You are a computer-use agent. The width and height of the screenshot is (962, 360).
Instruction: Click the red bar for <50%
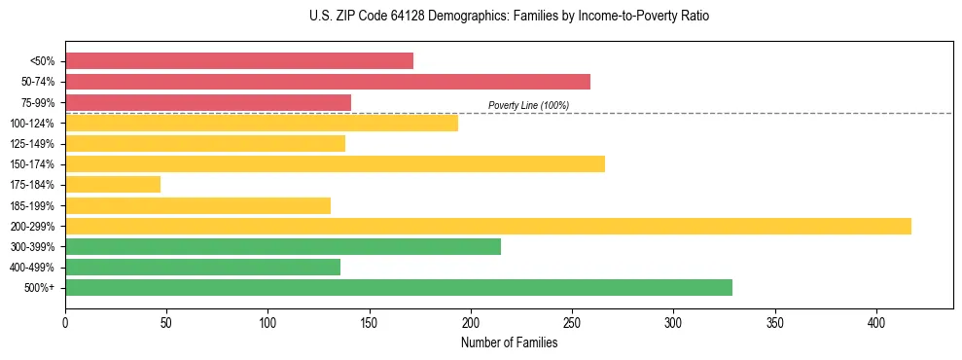pyautogui.click(x=239, y=60)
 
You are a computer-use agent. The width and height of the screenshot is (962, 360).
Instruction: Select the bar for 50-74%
pyautogui.click(x=328, y=82)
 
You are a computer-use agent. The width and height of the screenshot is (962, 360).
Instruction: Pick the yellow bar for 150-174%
pyautogui.click(x=335, y=163)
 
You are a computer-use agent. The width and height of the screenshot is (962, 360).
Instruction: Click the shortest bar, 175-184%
pyautogui.click(x=113, y=184)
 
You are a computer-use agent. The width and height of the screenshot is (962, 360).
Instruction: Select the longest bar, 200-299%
pyautogui.click(x=488, y=226)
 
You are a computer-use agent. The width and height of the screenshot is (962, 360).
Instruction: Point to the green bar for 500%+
pyautogui.click(x=399, y=287)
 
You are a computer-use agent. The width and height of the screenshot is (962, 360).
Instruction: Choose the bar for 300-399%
pyautogui.click(x=283, y=246)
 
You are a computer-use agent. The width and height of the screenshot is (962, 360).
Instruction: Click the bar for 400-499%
pyautogui.click(x=202, y=267)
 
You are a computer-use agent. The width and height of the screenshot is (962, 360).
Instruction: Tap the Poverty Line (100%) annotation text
pyautogui.click(x=528, y=105)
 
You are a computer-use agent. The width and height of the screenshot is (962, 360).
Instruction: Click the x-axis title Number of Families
pyautogui.click(x=509, y=342)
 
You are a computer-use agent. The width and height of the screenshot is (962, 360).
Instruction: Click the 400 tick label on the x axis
pyautogui.click(x=876, y=321)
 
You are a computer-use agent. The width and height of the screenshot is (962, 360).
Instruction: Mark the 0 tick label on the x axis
pyautogui.click(x=65, y=321)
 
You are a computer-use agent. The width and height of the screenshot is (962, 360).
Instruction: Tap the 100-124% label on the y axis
pyautogui.click(x=32, y=123)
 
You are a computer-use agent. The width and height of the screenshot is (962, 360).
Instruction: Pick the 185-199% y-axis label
pyautogui.click(x=32, y=205)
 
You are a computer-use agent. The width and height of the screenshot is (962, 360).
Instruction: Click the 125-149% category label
pyautogui.click(x=32, y=143)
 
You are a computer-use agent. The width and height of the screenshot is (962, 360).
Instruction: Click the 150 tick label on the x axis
pyautogui.click(x=370, y=321)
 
